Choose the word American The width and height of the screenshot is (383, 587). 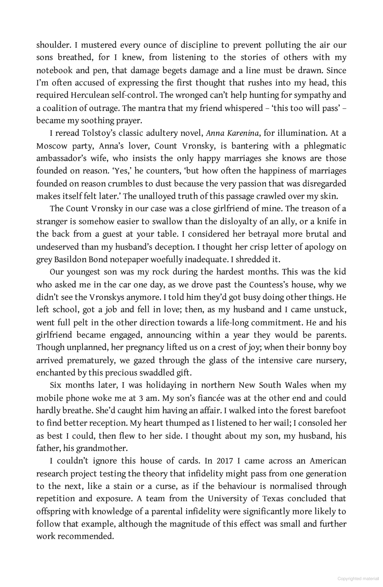(328, 461)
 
